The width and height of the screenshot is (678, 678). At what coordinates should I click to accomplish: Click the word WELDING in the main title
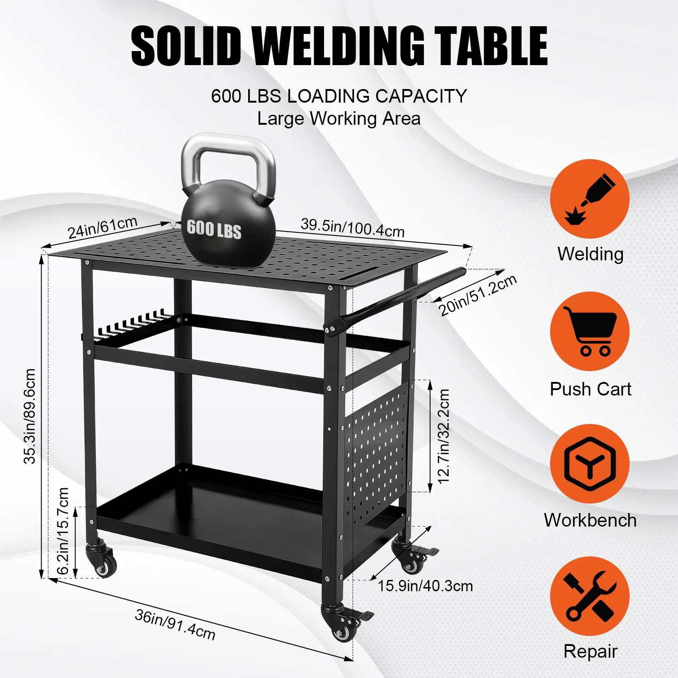[338, 46]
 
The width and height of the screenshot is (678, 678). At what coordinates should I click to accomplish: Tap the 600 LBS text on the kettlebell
[214, 229]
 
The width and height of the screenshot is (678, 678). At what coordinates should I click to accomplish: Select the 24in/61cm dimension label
[103, 227]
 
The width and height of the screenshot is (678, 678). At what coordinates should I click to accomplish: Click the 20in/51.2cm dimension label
[477, 295]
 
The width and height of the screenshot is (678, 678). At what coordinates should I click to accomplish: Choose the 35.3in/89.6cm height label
[30, 416]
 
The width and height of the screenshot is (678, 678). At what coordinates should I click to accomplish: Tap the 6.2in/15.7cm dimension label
[63, 531]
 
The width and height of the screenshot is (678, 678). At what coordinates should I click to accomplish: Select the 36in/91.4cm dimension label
[175, 624]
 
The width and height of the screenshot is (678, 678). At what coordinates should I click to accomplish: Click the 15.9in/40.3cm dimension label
[425, 586]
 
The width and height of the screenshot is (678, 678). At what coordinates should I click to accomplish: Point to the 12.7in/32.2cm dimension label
[444, 436]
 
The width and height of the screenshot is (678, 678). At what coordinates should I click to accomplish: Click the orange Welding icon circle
[590, 199]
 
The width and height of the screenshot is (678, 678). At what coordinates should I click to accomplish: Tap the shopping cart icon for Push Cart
[590, 331]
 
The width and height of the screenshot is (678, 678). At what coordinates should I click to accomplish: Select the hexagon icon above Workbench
[590, 464]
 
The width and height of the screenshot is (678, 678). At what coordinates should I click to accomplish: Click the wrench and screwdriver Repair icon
[590, 596]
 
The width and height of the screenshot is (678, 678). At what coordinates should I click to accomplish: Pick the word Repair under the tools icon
[590, 652]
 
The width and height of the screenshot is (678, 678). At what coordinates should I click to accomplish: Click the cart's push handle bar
[395, 298]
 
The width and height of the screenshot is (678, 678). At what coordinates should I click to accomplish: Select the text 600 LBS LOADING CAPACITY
[339, 96]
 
